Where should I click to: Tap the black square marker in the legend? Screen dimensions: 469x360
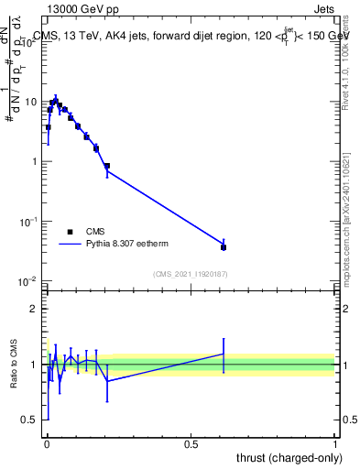[71, 232]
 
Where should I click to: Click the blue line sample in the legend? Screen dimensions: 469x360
[71, 245]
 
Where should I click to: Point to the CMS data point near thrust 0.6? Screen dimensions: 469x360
[224, 247]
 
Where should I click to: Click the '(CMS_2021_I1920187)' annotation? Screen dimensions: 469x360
[190, 274]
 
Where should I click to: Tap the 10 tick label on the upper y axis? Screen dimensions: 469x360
[31, 102]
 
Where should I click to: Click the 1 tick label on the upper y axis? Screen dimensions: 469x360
[35, 161]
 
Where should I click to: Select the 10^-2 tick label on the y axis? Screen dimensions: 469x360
[28, 280]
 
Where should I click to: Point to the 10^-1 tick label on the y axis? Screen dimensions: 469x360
[28, 221]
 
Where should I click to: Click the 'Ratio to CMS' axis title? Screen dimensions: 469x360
[14, 365]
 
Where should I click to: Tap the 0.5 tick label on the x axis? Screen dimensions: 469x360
[191, 442]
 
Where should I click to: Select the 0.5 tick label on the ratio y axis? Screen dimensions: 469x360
[31, 420]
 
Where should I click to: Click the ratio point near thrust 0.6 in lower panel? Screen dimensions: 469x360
[224, 354]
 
